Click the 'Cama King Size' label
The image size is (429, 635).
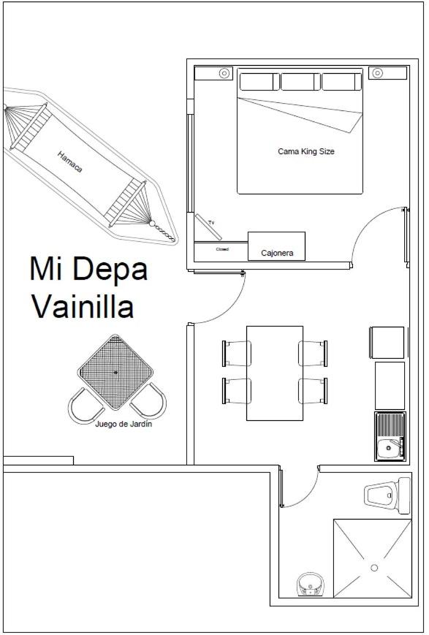coord(305,151)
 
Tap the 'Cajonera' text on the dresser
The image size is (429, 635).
coord(277,253)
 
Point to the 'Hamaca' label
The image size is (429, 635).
coord(69,161)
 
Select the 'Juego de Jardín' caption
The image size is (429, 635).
coord(124,424)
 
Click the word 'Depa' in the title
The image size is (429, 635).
coord(110,268)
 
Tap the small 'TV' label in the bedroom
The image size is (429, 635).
coord(211,223)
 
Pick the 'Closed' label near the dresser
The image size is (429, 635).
coord(222,249)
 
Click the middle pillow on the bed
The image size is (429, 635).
coord(300,82)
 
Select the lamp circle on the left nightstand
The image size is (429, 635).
coord(224,73)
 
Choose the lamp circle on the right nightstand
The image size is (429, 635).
coord(377,73)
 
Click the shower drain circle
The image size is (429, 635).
coord(374,568)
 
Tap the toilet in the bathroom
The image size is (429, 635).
coord(387,495)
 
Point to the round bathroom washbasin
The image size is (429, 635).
coord(311,584)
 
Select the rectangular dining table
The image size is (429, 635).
coord(275,373)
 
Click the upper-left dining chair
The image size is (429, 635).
coord(237,354)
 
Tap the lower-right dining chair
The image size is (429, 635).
coord(313,391)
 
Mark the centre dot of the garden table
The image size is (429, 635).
coord(116,372)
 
